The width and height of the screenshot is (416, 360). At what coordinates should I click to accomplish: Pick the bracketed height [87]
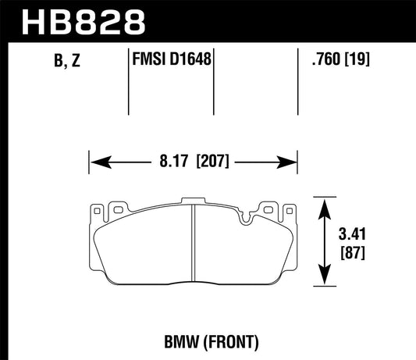click(353, 252)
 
